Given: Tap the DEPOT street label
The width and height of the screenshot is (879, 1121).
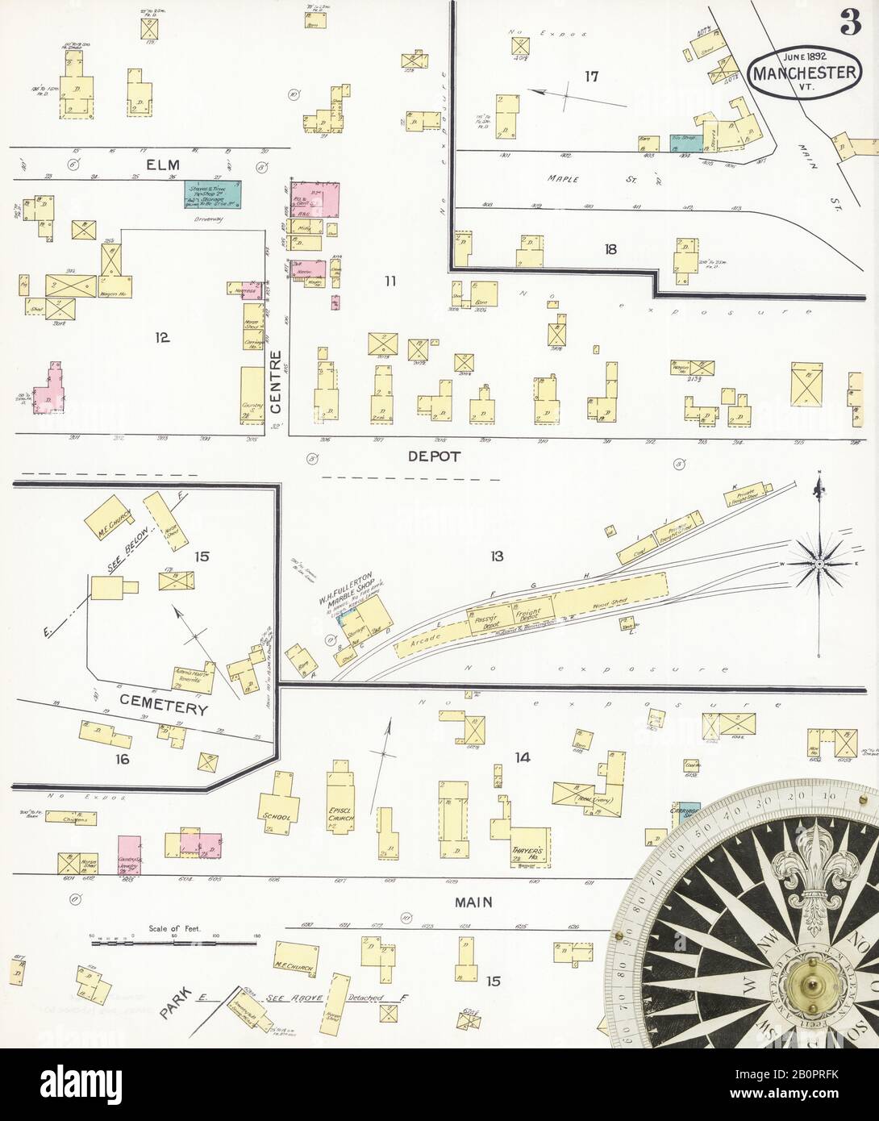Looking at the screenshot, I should tap(433, 456).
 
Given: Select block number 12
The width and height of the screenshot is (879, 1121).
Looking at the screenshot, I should tap(162, 337).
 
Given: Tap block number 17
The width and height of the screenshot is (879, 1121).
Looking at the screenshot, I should tap(592, 77).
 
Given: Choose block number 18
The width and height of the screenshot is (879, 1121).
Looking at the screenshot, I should tap(610, 249).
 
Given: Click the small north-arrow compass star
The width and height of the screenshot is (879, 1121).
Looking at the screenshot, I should tap(819, 562).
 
